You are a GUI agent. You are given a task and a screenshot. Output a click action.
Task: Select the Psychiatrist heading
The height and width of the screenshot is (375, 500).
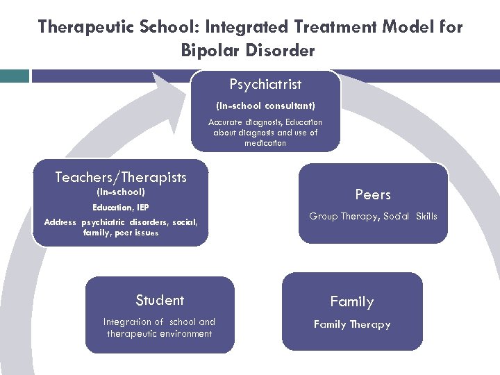click(x=265, y=84)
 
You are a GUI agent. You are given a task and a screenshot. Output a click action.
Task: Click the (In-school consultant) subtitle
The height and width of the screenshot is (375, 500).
click(x=265, y=106)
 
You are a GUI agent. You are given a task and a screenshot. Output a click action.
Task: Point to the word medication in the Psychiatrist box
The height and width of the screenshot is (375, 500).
click(x=265, y=143)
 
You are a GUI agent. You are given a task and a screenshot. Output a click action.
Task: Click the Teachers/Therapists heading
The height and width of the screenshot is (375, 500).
click(x=121, y=177)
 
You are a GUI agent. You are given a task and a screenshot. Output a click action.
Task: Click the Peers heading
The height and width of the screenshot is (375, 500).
click(x=373, y=194)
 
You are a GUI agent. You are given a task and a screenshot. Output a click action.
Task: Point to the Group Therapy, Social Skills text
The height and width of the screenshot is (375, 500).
click(x=373, y=216)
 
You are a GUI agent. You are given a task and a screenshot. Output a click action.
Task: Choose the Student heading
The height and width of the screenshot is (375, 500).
click(x=160, y=300)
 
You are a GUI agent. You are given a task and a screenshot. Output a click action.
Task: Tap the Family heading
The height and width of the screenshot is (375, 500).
click(x=351, y=301)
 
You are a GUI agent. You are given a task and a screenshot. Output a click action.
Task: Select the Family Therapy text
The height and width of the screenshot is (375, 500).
click(x=351, y=324)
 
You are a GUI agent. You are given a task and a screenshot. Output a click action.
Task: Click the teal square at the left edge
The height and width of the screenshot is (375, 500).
click(x=14, y=76)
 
